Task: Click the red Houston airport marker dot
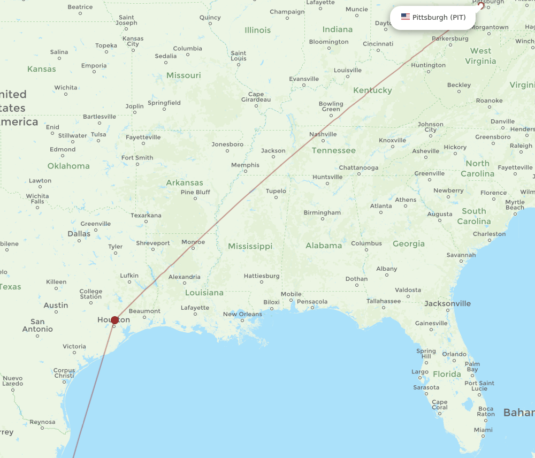click(114, 320)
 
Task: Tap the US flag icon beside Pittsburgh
click(406, 17)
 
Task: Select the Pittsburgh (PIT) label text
click(439, 18)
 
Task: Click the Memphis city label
click(245, 165)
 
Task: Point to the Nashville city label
click(323, 134)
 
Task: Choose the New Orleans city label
click(242, 314)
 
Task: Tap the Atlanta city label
click(381, 206)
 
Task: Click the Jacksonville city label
click(447, 304)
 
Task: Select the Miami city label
click(483, 430)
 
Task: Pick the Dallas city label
click(79, 234)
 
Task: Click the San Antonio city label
click(37, 325)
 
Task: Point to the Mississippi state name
click(250, 246)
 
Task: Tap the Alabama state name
click(324, 246)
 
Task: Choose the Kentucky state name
click(373, 90)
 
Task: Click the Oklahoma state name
click(68, 166)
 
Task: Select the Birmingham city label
click(322, 212)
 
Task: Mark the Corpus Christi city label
click(64, 373)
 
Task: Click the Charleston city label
click(489, 234)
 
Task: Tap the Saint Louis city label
click(239, 56)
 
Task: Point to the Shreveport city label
click(153, 243)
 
